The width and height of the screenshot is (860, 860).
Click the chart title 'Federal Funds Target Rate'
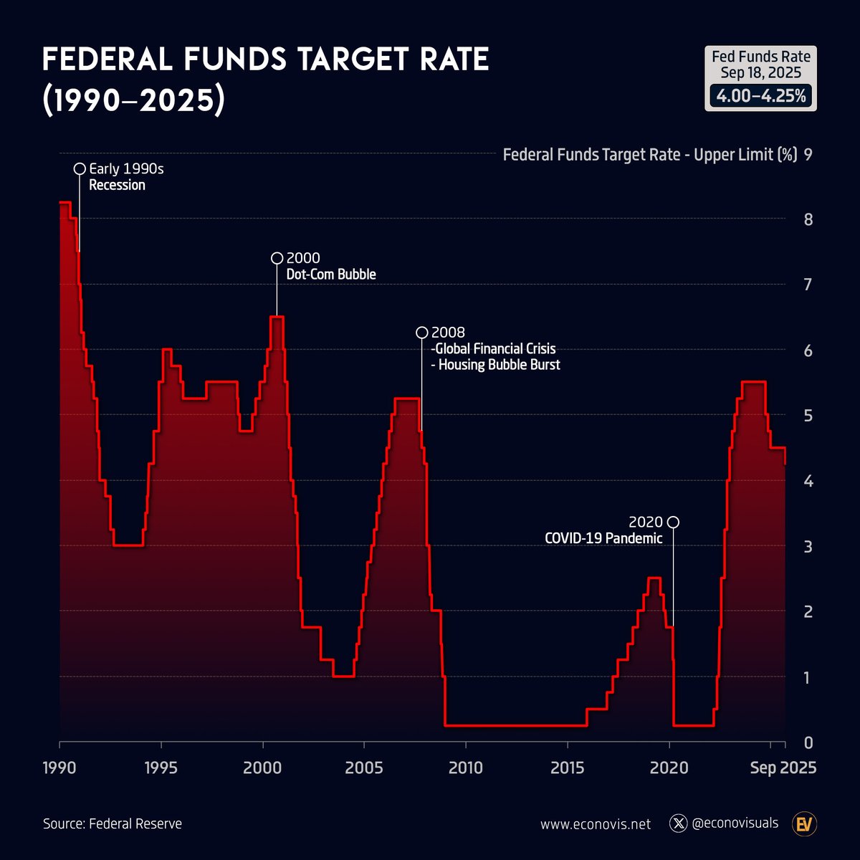point(265,60)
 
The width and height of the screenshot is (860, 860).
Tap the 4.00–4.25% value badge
point(760,96)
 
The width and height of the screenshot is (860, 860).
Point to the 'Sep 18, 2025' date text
point(760,73)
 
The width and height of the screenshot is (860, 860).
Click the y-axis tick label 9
point(808,155)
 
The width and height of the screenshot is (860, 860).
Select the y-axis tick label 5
point(808,416)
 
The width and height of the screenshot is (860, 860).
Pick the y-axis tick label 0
point(808,743)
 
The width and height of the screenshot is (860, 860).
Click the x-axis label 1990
point(59,768)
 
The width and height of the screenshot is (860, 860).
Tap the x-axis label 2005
point(364,768)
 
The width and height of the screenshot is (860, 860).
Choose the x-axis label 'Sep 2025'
point(783,768)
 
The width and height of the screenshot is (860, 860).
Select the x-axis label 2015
point(568,768)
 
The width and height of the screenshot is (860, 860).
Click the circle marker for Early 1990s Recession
point(80,169)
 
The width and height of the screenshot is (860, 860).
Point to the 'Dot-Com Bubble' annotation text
point(331,274)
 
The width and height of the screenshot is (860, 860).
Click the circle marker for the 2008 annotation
point(422,333)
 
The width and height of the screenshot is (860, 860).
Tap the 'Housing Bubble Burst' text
point(499,365)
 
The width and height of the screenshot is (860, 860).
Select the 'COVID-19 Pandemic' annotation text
point(603,538)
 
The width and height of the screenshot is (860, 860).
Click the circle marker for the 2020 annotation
point(673,522)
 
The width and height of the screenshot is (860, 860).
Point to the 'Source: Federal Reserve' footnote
point(113,823)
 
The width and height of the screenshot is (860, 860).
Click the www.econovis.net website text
point(596,824)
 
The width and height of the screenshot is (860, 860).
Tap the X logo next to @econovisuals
point(678,823)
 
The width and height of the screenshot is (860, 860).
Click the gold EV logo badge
point(806,824)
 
